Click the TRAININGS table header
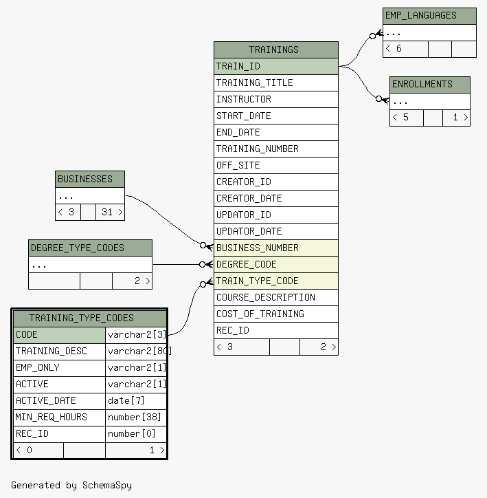276,50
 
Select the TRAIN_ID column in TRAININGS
276,67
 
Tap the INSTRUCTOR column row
276,100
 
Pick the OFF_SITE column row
276,166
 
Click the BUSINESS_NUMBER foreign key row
276,248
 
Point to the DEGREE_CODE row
276,265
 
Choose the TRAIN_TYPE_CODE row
276,281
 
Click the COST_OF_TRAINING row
276,314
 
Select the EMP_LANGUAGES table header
429,16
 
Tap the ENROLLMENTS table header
429,85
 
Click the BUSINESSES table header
90,179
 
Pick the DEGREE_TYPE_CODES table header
90,248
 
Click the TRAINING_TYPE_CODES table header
90,318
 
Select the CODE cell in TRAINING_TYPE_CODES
59,335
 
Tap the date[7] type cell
136,401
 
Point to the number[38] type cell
136,418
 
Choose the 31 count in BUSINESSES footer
107,212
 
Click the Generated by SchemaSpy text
71,486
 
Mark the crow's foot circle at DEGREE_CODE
202,265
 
